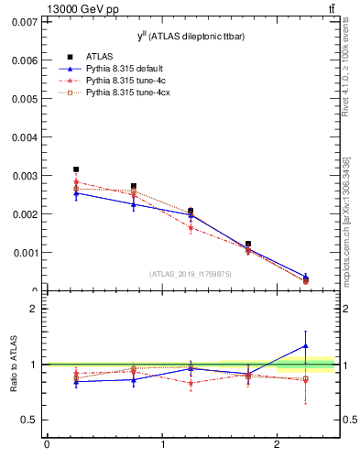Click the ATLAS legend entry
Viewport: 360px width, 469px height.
[97, 57]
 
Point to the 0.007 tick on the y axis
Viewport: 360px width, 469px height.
[24, 21]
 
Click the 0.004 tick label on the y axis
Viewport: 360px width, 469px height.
[24, 136]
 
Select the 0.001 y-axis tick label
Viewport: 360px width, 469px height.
[24, 252]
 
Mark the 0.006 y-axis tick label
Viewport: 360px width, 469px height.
[24, 60]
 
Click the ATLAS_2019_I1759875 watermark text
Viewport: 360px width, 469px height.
[190, 273]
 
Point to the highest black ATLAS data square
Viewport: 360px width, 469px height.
[76, 169]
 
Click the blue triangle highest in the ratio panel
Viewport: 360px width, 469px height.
[306, 346]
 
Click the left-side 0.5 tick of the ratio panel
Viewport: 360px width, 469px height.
[29, 420]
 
